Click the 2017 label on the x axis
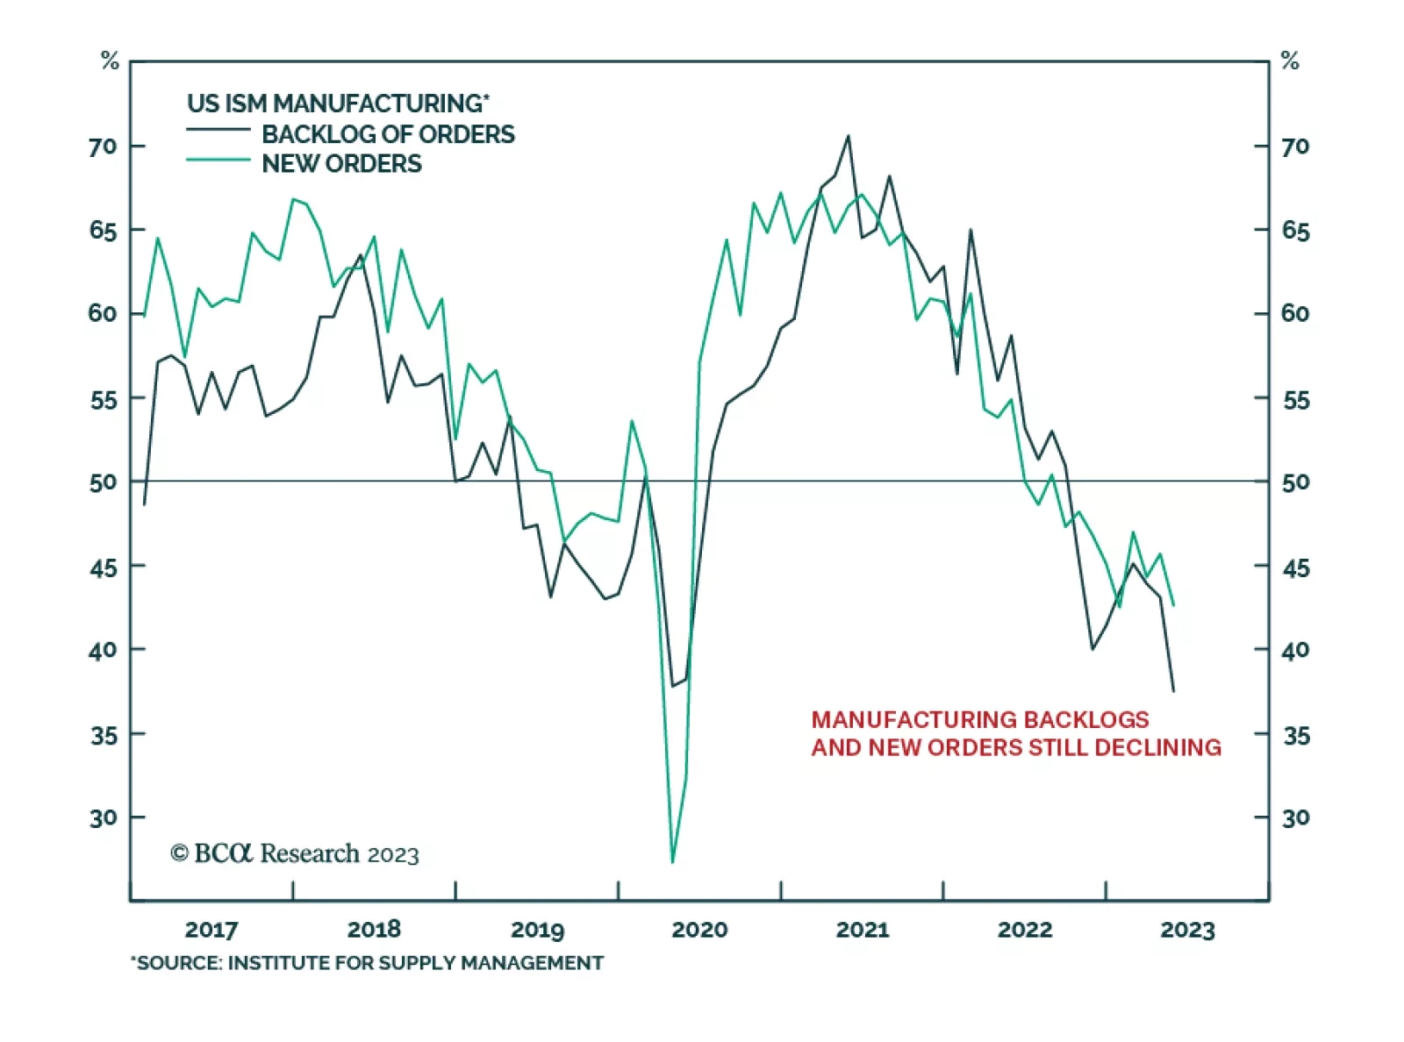[211, 930]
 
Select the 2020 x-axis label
[699, 930]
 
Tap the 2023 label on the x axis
[1187, 930]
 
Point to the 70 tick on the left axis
[103, 146]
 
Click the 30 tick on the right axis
[1295, 818]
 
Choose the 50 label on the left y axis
[103, 482]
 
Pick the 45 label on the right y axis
[1295, 568]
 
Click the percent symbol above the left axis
[110, 61]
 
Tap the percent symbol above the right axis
[1290, 61]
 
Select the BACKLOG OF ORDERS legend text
[388, 134]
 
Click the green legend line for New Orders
[218, 160]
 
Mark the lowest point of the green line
[673, 862]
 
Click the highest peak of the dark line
[848, 136]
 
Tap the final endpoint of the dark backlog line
[1173, 691]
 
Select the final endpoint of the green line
[1173, 605]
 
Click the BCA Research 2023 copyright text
[295, 853]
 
